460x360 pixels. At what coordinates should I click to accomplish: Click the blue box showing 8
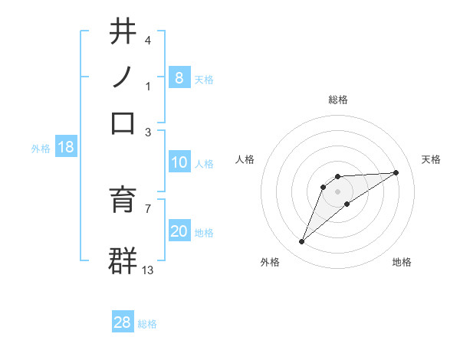[179, 77]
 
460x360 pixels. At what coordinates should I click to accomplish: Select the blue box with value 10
[179, 162]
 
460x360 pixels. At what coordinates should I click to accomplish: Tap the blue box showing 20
[179, 231]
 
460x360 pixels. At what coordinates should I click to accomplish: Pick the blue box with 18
[66, 147]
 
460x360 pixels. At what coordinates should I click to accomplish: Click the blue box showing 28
[123, 322]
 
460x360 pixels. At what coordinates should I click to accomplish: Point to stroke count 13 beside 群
[148, 270]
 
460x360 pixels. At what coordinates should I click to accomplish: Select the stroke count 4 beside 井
[147, 41]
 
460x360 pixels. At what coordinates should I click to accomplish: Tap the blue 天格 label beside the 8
[204, 79]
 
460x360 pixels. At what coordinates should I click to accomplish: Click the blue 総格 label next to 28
[147, 324]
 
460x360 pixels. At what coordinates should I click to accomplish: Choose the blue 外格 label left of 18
[41, 149]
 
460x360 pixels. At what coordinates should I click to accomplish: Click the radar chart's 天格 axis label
[432, 159]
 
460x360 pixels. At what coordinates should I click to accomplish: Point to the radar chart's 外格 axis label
[270, 262]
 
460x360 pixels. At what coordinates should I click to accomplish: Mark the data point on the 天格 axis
[396, 172]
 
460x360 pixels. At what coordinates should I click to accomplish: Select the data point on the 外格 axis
[302, 242]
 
